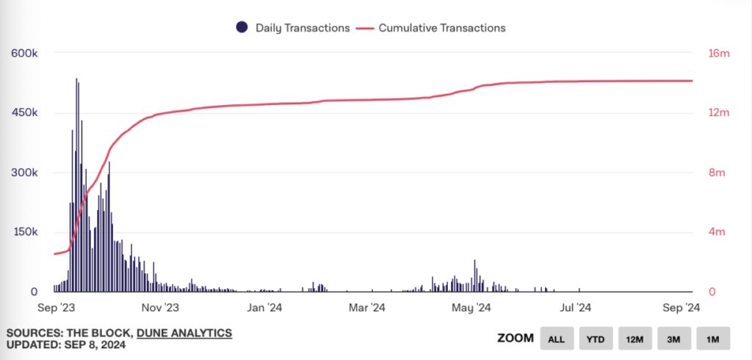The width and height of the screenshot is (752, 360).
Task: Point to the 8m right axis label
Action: tap(705, 173)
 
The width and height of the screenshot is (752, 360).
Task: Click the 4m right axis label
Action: tap(705, 232)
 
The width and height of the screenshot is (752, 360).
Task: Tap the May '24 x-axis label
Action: tap(474, 308)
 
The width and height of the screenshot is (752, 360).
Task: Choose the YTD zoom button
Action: tap(596, 339)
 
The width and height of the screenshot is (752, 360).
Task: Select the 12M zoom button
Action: tap(634, 339)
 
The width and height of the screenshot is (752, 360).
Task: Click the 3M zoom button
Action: tap(673, 339)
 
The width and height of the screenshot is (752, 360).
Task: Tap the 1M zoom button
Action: tap(712, 339)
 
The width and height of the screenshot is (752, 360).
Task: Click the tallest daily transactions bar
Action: tap(76, 184)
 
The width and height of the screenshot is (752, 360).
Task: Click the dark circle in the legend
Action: tap(241, 28)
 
